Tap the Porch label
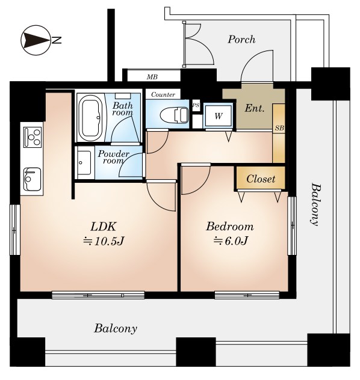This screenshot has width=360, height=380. (x=241, y=40)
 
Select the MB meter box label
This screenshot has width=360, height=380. (x=152, y=77)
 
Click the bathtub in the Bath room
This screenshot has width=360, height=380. (x=91, y=117)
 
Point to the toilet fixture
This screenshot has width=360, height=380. (x=174, y=114)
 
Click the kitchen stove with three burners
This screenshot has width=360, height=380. (x=33, y=137)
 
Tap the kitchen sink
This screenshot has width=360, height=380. (x=32, y=179)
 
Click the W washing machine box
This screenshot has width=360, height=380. (x=219, y=116)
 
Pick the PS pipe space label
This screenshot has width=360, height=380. (x=196, y=105)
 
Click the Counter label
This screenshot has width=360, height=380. (x=163, y=94)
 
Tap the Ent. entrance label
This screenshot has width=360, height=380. (x=254, y=108)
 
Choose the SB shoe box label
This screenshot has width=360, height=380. (x=279, y=128)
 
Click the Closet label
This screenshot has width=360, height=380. (x=261, y=179)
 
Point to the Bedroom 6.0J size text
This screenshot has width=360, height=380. (x=231, y=241)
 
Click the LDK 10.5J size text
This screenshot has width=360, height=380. (x=104, y=241)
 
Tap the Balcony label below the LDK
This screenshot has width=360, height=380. (x=116, y=329)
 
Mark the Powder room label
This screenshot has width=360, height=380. (x=114, y=158)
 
